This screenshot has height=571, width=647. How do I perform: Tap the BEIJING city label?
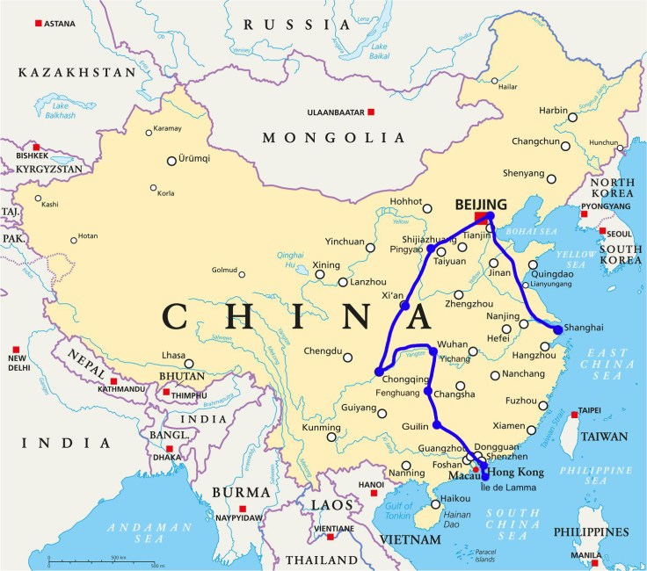[x=481, y=205]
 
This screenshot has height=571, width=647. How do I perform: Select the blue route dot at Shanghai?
[x=557, y=329]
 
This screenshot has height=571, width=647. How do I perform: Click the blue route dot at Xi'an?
[x=405, y=305]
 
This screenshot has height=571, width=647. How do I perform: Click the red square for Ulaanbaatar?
[x=372, y=112]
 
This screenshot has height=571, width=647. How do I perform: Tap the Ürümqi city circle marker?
[x=171, y=161]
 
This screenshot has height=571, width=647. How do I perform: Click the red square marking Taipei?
[x=574, y=414]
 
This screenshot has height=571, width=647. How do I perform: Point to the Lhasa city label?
[x=172, y=354]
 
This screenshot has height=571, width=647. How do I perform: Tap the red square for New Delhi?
[x=13, y=347]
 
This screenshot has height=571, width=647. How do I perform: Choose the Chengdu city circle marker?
[x=348, y=358]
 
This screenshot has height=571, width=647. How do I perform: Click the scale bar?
[x=100, y=561]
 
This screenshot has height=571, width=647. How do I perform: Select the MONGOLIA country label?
[x=334, y=138]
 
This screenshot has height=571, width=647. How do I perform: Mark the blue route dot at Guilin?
[x=437, y=425]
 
